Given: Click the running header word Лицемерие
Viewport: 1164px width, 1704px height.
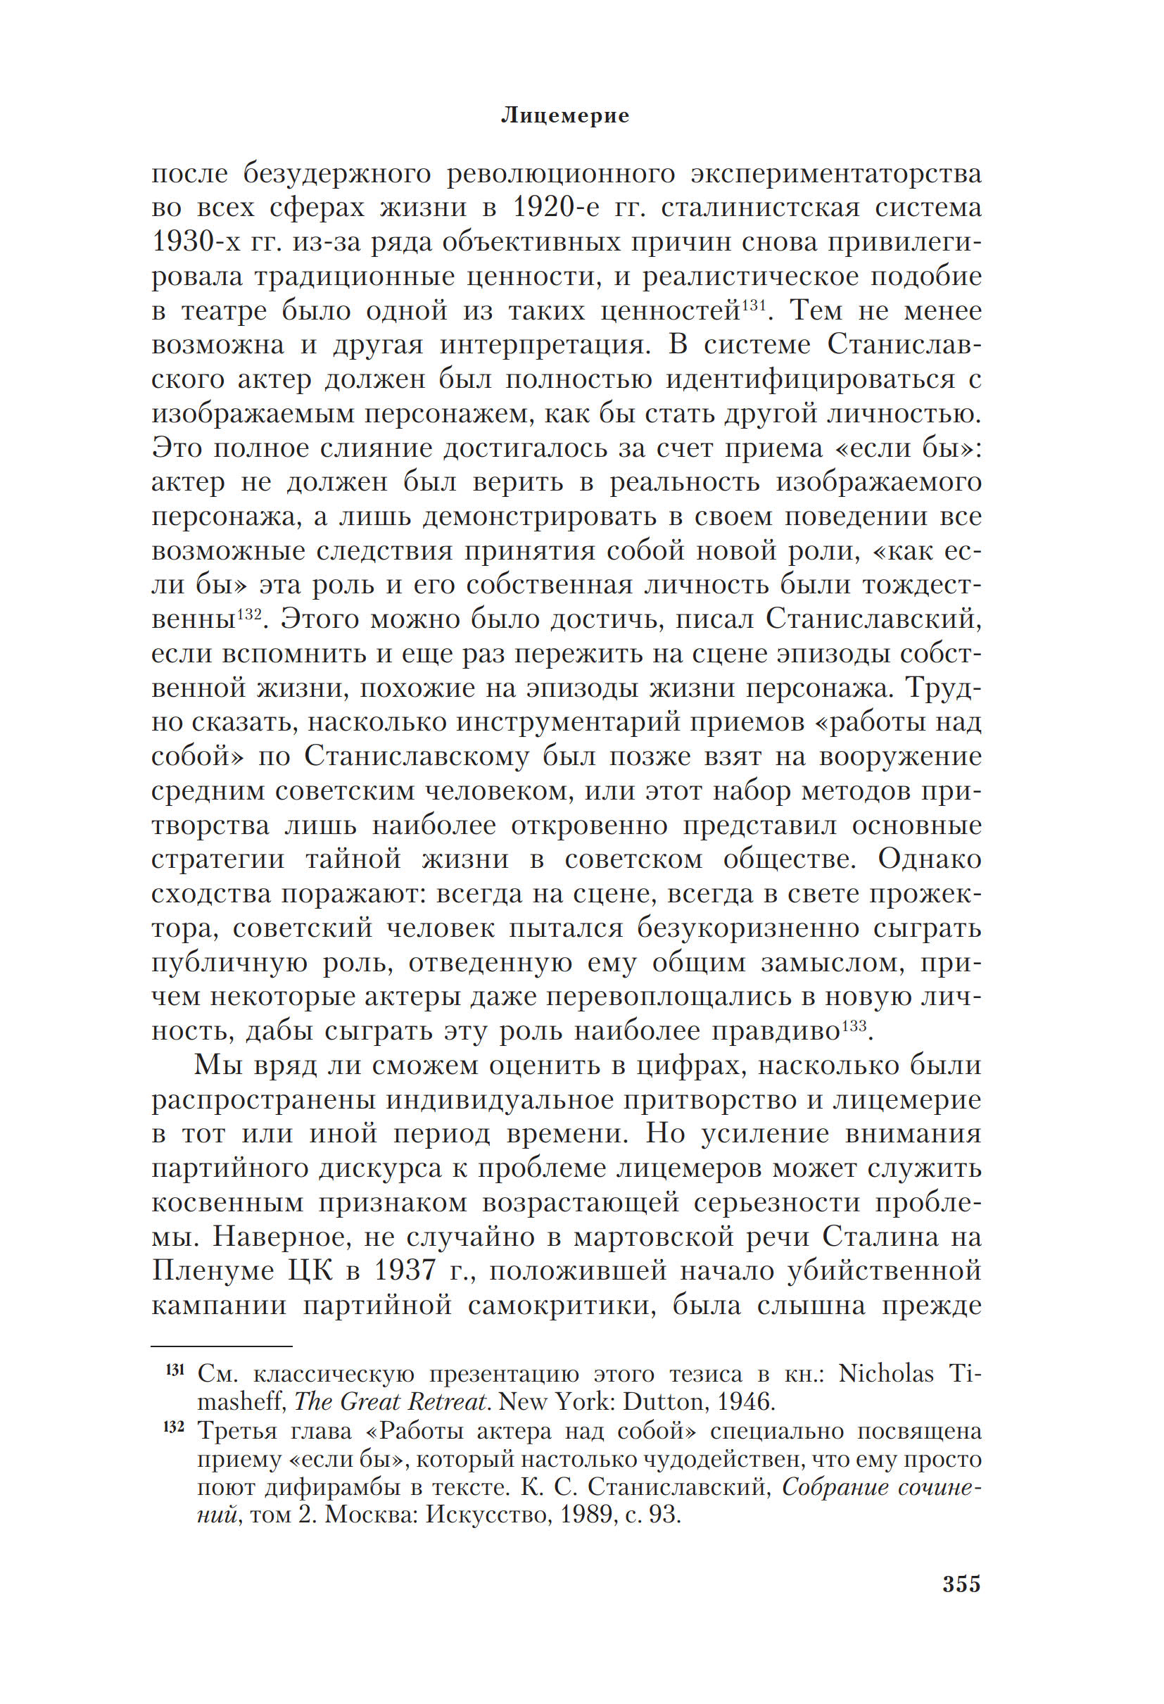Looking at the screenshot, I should point(564,116).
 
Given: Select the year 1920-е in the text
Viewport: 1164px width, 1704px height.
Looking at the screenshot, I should point(557,208).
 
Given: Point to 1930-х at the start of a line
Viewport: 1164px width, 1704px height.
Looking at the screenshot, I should point(192,242).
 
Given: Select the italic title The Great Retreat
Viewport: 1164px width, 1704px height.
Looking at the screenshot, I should point(391,1402).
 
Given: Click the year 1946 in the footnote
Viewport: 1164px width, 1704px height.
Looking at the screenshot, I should point(745,1402).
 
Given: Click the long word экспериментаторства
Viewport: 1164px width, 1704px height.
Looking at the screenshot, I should point(836,175).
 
